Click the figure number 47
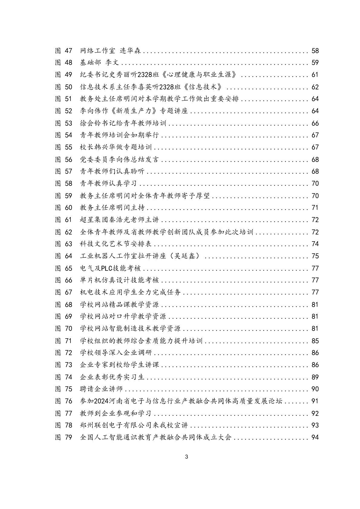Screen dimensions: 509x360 (69, 51)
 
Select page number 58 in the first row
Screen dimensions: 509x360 (315, 51)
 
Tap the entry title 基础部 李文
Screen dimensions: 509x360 (100, 63)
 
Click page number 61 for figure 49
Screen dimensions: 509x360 (315, 75)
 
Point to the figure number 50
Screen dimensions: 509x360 (69, 87)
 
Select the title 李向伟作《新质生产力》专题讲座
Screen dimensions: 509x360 (134, 111)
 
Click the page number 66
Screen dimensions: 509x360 (315, 123)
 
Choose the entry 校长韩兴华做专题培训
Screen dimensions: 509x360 (116, 148)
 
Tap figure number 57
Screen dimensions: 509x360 (69, 171)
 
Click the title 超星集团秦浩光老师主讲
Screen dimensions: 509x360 (119, 220)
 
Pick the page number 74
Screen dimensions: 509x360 (315, 244)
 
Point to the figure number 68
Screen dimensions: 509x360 (69, 304)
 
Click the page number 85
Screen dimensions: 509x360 (315, 341)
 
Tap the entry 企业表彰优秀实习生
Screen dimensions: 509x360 (112, 377)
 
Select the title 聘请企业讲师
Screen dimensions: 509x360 (101, 389)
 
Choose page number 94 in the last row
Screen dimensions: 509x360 (315, 437)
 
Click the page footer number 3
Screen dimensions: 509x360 (186, 457)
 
